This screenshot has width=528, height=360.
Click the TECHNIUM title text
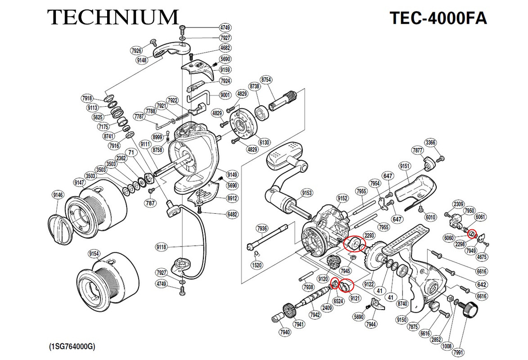click(113, 17)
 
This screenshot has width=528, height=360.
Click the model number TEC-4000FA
click(438, 18)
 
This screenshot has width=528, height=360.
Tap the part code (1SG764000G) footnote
click(72, 347)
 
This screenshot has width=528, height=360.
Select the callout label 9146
click(58, 195)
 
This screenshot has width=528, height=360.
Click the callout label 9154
click(94, 254)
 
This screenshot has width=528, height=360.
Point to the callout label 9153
click(307, 193)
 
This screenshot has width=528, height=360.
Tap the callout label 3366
click(430, 143)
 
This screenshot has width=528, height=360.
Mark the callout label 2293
click(370, 235)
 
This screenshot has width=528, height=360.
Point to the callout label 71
click(131, 153)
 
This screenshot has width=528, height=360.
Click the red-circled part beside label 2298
click(472, 234)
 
